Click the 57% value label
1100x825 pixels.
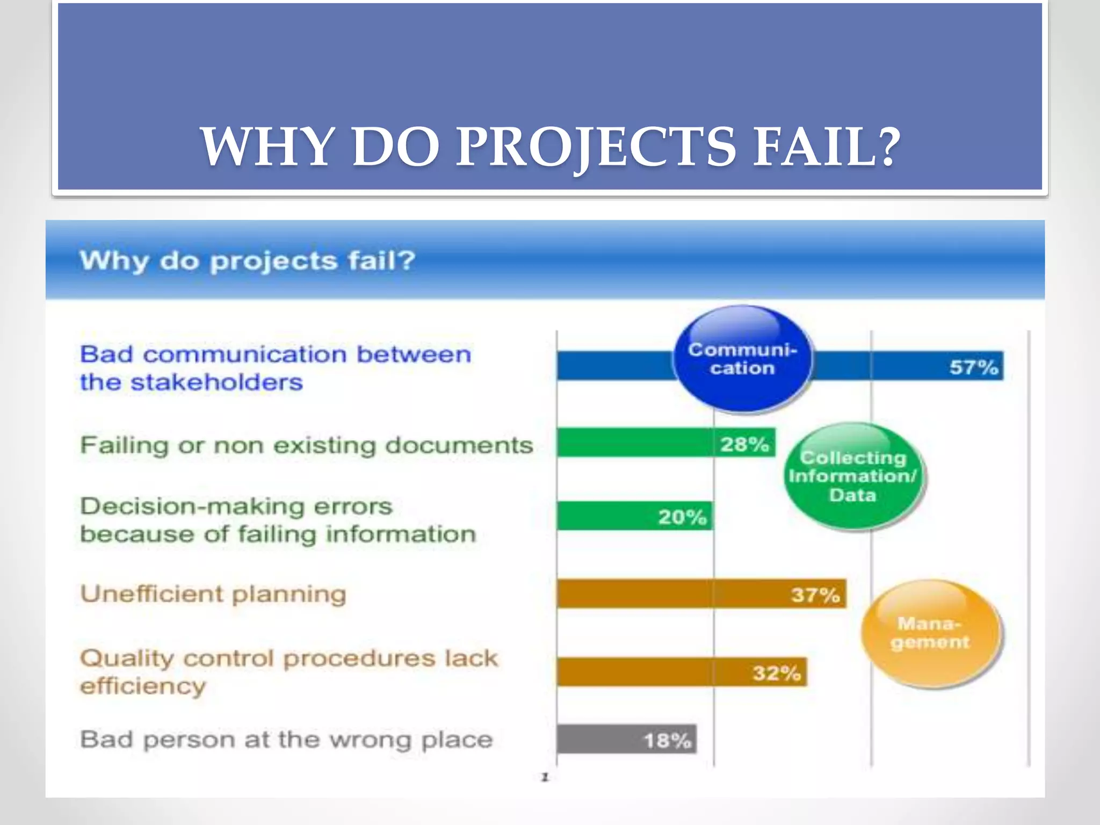pyautogui.click(x=973, y=367)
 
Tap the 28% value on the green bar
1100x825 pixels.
pyautogui.click(x=744, y=444)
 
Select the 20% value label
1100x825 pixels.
pyautogui.click(x=682, y=517)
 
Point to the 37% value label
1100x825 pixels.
pyautogui.click(x=815, y=595)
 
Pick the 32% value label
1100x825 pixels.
pyautogui.click(x=776, y=672)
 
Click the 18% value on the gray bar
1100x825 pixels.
pyautogui.click(x=667, y=741)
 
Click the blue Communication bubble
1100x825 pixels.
pyautogui.click(x=742, y=359)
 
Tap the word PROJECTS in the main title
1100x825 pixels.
pyautogui.click(x=596, y=147)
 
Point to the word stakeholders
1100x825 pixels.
pyautogui.click(x=217, y=382)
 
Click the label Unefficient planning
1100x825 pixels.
pyautogui.click(x=213, y=594)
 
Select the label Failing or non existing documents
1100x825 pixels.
pyautogui.click(x=307, y=445)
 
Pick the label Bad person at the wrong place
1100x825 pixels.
pyautogui.click(x=286, y=740)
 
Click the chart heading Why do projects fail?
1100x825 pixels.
pyautogui.click(x=248, y=261)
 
